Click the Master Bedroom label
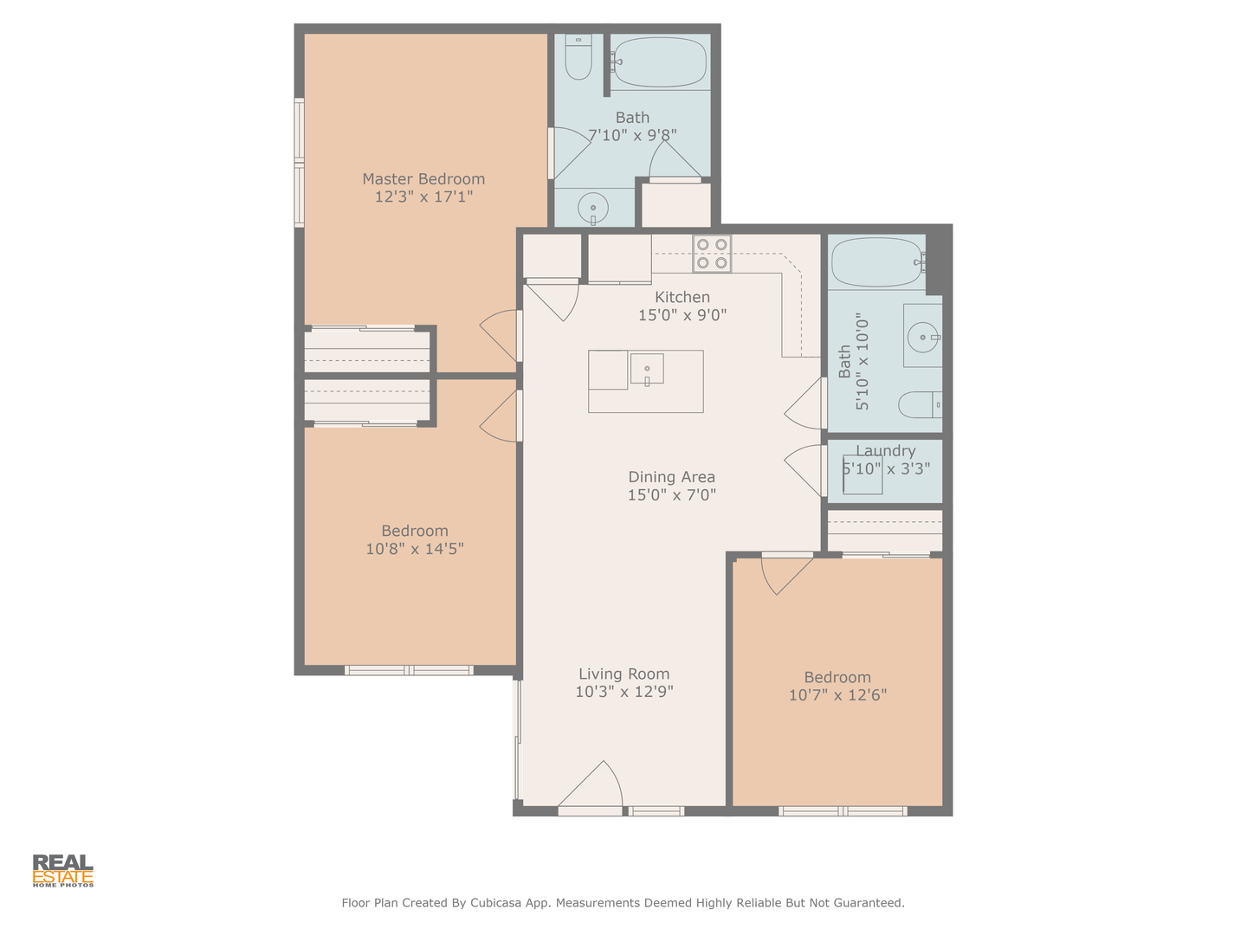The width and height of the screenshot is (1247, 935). coord(423,179)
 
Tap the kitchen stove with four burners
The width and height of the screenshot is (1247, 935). coord(712,253)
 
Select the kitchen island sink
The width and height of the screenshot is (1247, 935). coord(647,370)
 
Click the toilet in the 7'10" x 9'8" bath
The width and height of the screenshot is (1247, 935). coord(579,57)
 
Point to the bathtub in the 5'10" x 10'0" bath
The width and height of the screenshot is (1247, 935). coord(877,261)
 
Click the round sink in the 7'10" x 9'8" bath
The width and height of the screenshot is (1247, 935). coord(593,209)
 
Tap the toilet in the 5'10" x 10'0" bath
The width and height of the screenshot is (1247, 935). coord(920,405)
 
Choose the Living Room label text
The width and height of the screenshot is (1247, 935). coord(623,674)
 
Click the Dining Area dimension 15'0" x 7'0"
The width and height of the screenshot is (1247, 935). coord(671,495)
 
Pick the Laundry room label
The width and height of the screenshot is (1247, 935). coord(886,451)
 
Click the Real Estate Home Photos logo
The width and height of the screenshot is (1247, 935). coord(63,871)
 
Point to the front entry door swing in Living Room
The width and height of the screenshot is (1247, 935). coord(591,784)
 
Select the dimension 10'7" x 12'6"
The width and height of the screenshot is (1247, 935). coord(837,695)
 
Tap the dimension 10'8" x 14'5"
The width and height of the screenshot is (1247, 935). coord(415,549)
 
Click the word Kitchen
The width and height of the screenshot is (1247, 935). coord(682,297)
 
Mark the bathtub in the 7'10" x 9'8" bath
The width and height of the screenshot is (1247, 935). coord(660,61)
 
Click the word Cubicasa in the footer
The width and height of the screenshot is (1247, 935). coord(495,903)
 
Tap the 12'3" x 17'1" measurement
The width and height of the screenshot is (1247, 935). coord(423,197)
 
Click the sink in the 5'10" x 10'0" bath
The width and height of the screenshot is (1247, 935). coord(922,337)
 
